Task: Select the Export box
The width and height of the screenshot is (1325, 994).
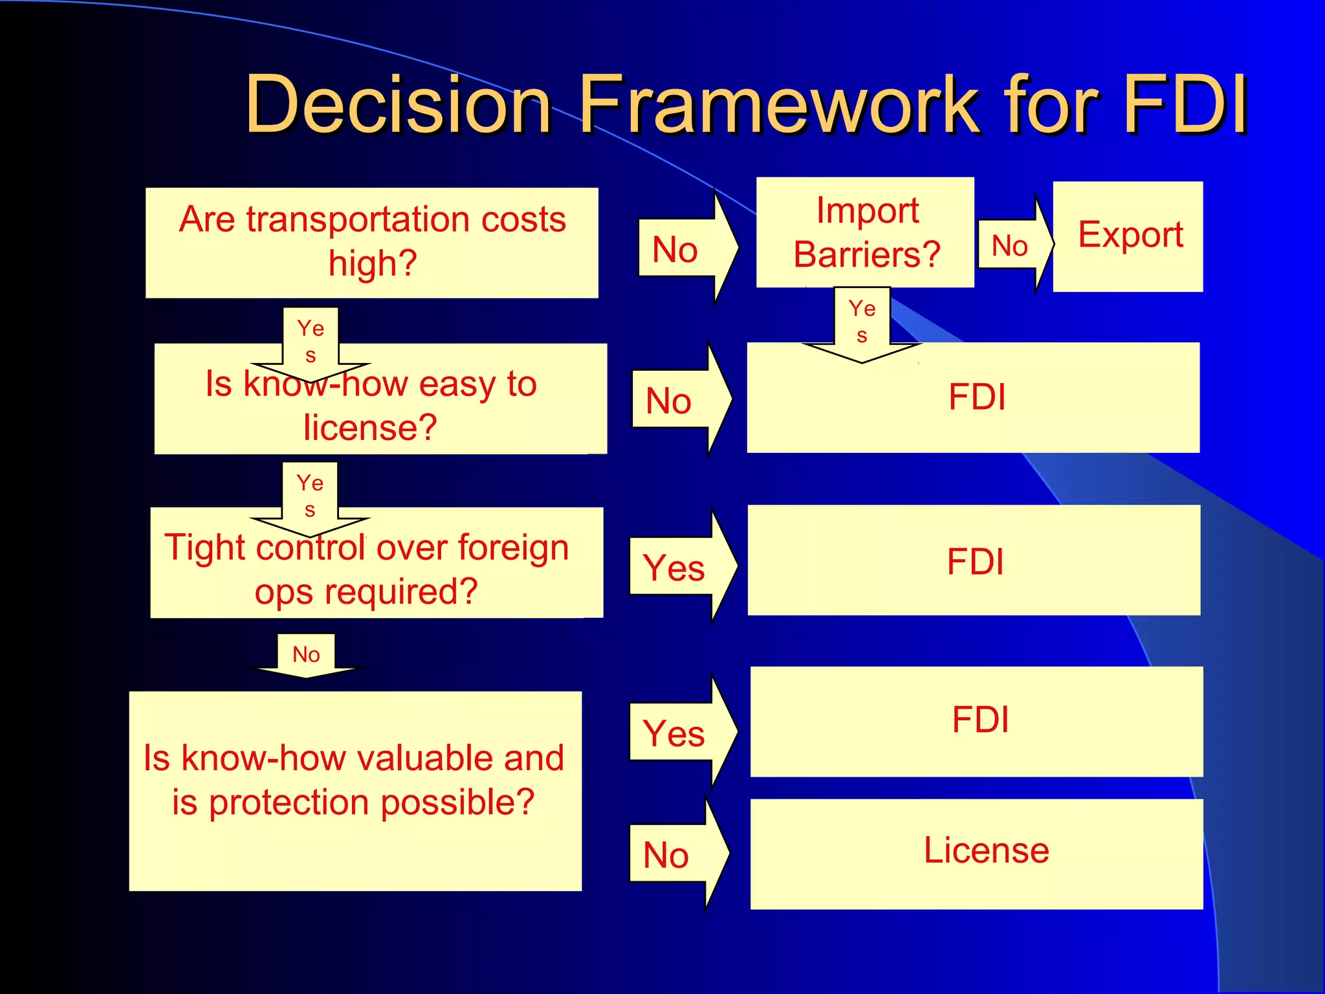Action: pyautogui.click(x=1128, y=236)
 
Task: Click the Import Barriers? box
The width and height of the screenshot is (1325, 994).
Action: pyautogui.click(x=866, y=232)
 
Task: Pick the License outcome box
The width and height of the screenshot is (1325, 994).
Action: pyautogui.click(x=977, y=853)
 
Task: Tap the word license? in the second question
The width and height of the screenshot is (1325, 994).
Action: pyautogui.click(x=371, y=428)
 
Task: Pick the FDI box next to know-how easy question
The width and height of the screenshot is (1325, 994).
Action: pyautogui.click(x=973, y=397)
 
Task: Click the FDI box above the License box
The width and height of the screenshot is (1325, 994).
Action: pyautogui.click(x=977, y=721)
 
